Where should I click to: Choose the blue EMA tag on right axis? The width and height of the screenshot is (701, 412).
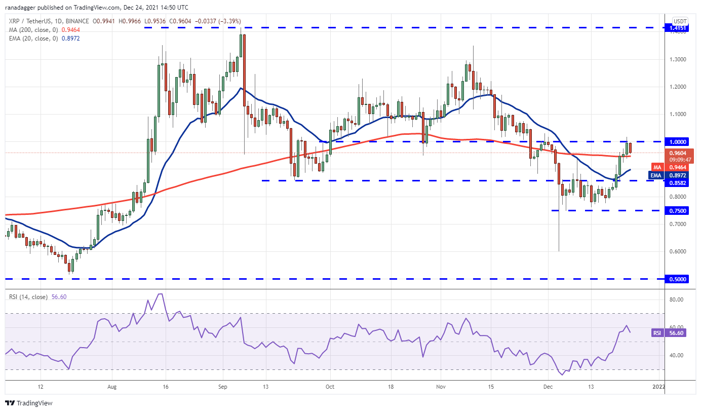point(656,175)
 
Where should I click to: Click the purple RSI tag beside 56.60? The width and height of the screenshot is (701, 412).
point(657,333)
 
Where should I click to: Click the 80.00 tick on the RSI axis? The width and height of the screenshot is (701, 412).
point(677,299)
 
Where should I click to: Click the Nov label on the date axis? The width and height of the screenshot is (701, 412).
point(441,387)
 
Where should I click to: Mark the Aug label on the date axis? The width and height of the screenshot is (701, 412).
point(112,387)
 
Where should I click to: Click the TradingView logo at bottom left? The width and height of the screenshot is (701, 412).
point(29,403)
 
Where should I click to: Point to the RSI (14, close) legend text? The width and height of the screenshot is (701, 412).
point(30,295)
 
